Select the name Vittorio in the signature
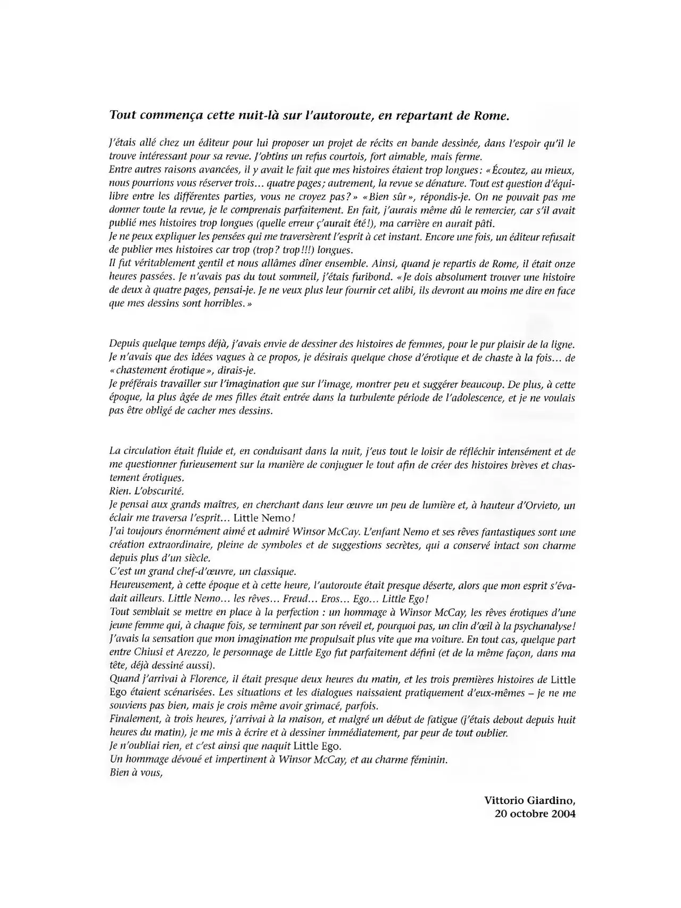click(x=504, y=800)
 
